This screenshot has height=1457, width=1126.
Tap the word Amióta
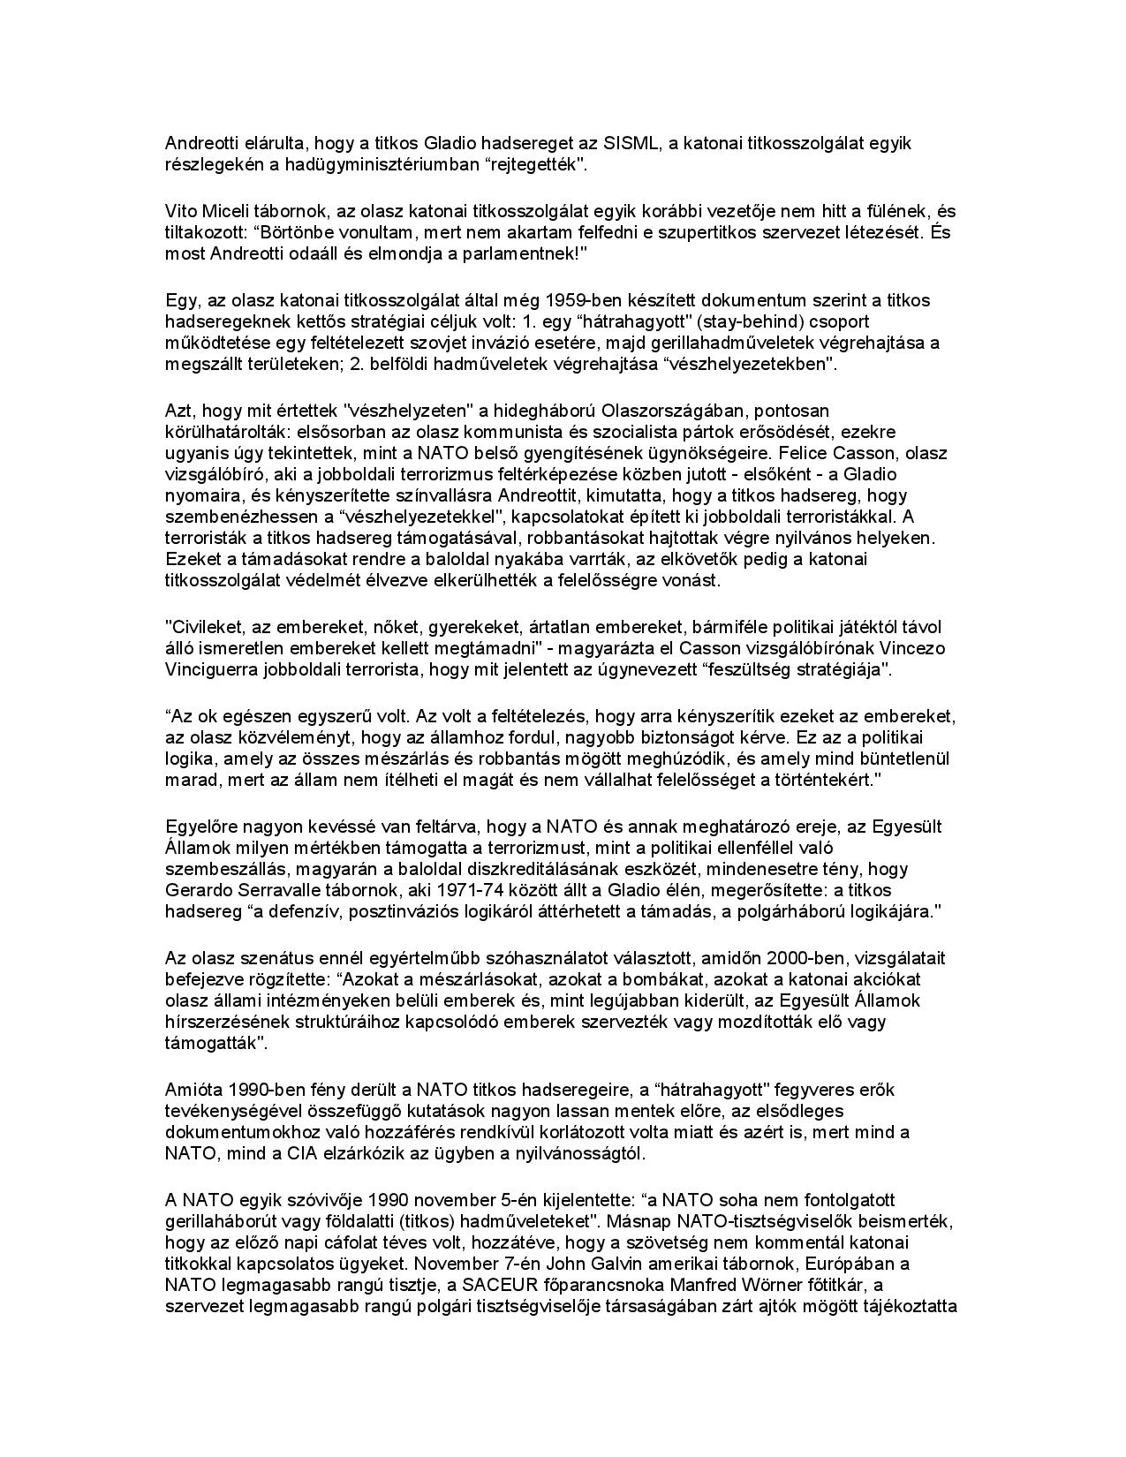[x=191, y=1090]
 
